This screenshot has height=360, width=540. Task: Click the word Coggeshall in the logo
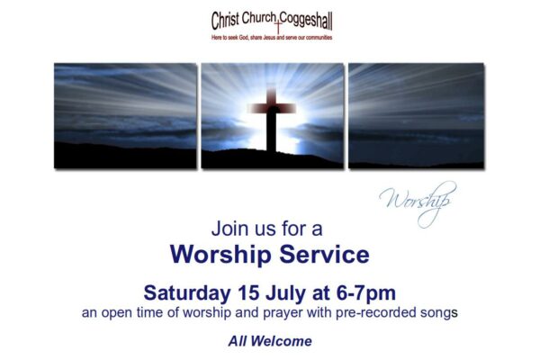click(306, 22)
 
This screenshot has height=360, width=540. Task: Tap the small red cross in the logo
click(277, 25)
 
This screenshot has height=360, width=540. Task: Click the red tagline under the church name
click(272, 37)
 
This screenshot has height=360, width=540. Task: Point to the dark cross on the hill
click(272, 118)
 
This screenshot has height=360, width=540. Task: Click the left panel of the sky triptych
click(125, 116)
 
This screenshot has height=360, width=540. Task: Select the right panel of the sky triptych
click(416, 116)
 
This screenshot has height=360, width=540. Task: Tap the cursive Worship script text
click(418, 203)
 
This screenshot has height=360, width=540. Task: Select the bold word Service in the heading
click(324, 255)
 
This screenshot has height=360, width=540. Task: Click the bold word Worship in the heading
click(220, 256)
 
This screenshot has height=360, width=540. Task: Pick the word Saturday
click(187, 293)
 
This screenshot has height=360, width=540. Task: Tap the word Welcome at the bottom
click(282, 341)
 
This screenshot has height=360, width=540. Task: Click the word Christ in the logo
click(225, 21)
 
